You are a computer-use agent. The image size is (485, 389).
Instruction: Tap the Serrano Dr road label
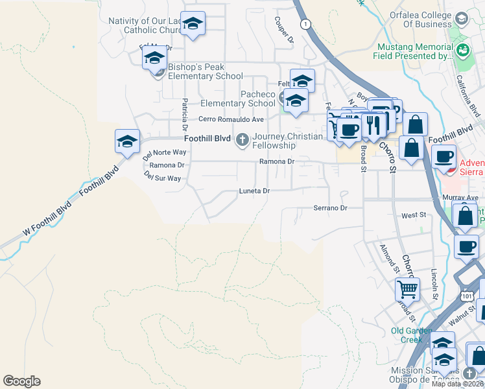(331, 208)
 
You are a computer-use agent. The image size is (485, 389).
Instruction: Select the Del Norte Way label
(164, 152)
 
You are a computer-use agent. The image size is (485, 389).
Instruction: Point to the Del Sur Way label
(162, 178)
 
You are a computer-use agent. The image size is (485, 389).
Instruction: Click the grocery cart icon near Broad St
(407, 288)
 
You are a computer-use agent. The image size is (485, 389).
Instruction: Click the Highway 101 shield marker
(468, 295)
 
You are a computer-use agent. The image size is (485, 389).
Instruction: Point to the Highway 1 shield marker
(304, 24)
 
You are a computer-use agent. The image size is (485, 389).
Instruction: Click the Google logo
(21, 381)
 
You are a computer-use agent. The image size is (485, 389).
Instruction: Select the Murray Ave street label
(464, 197)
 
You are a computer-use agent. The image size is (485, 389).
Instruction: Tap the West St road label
(413, 215)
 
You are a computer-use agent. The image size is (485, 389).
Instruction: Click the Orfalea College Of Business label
(419, 19)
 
